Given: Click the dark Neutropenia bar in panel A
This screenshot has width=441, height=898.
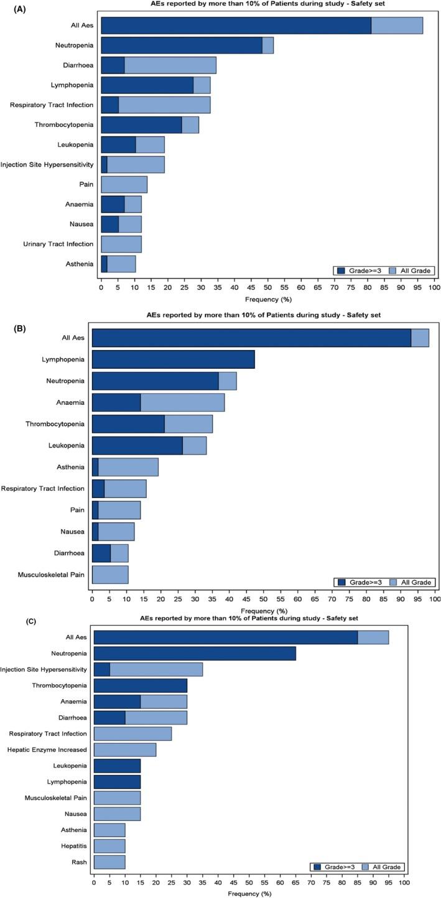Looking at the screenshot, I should point(181,45).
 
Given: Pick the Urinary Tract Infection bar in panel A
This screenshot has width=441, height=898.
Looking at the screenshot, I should point(121,244).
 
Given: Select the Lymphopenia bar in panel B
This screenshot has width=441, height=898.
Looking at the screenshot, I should point(173,359).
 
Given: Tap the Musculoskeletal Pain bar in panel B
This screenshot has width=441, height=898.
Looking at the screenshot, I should point(110,575).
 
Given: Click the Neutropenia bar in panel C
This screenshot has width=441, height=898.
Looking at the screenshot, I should point(195,654).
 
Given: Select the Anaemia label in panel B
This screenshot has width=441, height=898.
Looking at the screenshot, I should point(70,402).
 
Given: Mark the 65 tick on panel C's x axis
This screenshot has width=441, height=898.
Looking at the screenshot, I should point(295,882).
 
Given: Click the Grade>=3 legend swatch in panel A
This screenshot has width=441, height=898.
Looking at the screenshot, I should point(341,271).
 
